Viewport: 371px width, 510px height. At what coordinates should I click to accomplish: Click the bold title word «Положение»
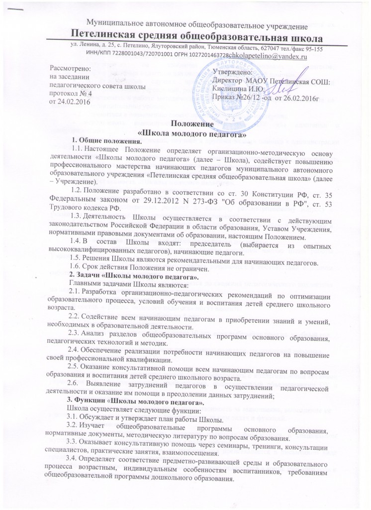185,124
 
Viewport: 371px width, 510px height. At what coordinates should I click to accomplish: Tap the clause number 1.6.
78,267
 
